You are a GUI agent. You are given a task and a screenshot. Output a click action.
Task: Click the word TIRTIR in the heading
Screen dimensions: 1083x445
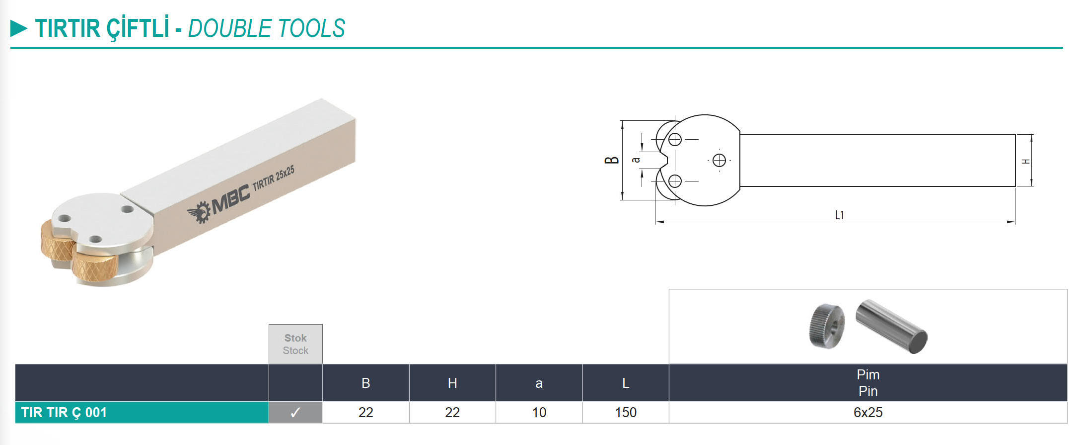[x=68, y=28]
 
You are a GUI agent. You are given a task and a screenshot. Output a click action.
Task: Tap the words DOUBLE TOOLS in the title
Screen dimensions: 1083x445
[x=267, y=28]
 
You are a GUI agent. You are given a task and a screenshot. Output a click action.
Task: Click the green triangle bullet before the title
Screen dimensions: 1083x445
[x=19, y=28]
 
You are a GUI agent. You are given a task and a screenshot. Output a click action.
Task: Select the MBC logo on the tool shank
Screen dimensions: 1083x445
[x=218, y=204]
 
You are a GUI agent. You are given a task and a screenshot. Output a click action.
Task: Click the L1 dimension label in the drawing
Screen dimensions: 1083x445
[x=839, y=215]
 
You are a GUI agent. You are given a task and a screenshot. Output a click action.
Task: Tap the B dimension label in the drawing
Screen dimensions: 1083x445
[x=612, y=160]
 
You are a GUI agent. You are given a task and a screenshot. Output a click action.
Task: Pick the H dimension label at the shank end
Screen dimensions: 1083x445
[x=1026, y=162]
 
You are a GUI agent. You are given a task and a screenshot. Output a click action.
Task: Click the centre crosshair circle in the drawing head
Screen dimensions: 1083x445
[x=719, y=160]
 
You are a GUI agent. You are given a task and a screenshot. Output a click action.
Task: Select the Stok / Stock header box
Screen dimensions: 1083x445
[x=295, y=344]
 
